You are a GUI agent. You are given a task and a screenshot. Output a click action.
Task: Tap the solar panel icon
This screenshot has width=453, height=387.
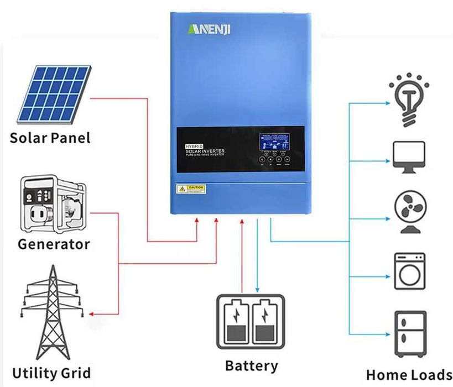click(53, 95)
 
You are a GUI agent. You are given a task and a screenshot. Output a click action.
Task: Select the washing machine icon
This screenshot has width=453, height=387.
click(409, 271)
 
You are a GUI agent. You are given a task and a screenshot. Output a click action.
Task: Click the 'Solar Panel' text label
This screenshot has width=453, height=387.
click(50, 138)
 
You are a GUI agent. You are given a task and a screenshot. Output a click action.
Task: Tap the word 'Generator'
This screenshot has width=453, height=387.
click(54, 244)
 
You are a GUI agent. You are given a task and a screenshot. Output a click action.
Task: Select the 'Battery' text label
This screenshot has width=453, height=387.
click(251, 365)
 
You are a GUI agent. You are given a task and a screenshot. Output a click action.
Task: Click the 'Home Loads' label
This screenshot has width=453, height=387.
click(409, 375)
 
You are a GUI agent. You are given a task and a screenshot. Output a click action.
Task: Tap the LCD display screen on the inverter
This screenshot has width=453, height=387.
click(275, 143)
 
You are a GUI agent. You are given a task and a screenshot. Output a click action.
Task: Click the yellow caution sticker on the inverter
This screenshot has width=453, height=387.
click(190, 189)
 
